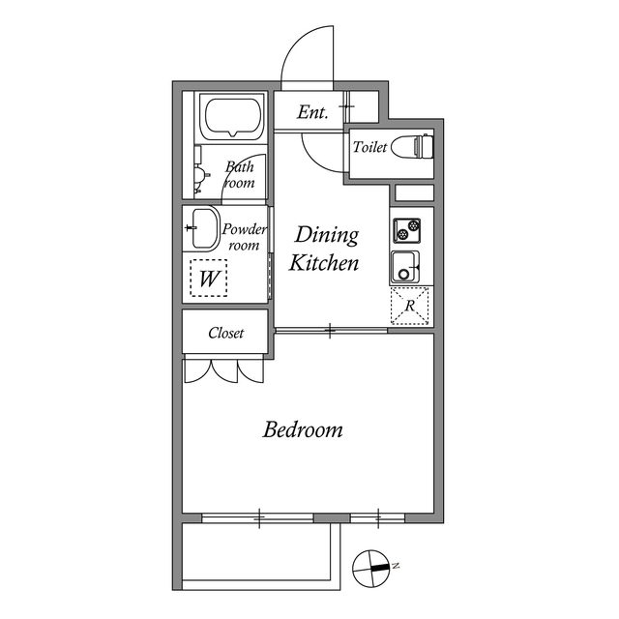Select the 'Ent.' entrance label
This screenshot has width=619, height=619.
click(x=312, y=112)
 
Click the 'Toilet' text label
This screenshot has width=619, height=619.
click(x=369, y=148)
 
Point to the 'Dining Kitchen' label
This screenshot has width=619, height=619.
click(x=326, y=249)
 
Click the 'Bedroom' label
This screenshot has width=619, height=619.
click(x=303, y=429)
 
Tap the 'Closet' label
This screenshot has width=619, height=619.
click(x=226, y=334)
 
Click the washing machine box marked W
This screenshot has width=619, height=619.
click(x=208, y=280)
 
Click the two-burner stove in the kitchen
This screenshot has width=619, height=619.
click(x=407, y=230)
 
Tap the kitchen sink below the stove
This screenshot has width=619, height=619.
click(x=406, y=265)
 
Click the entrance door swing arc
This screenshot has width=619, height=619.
click(x=307, y=56)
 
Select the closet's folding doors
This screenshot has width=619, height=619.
click(x=223, y=370)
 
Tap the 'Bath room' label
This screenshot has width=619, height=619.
click(x=239, y=174)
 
